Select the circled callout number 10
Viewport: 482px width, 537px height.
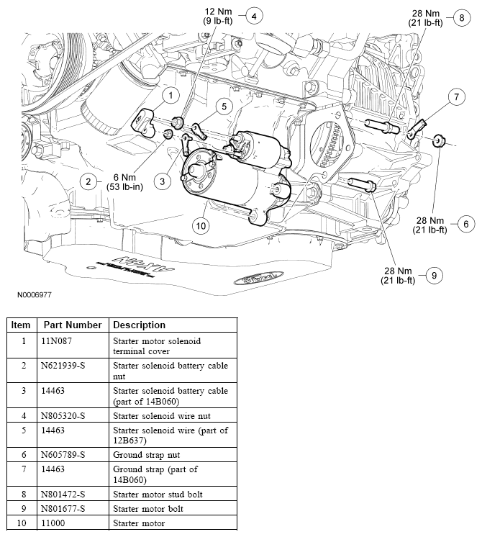point(201,225)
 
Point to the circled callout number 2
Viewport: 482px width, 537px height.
point(89,181)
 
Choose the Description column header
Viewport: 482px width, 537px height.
point(139,325)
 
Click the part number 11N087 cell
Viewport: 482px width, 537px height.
point(58,340)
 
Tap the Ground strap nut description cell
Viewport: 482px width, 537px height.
point(146,454)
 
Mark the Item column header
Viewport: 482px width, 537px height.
point(21,325)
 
